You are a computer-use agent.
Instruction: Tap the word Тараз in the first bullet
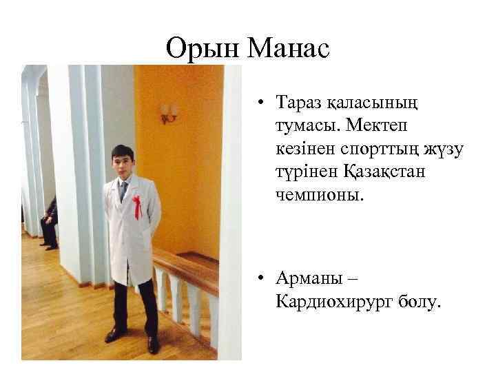pos(300,103)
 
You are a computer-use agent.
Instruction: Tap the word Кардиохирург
pos(333,301)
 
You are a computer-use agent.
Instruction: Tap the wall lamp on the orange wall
pos(169,112)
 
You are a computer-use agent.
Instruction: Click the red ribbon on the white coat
pos(138,207)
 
